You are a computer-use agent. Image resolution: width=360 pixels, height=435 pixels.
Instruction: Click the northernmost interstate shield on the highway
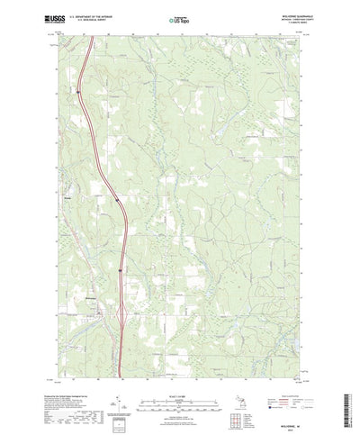click(x=79, y=90)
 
